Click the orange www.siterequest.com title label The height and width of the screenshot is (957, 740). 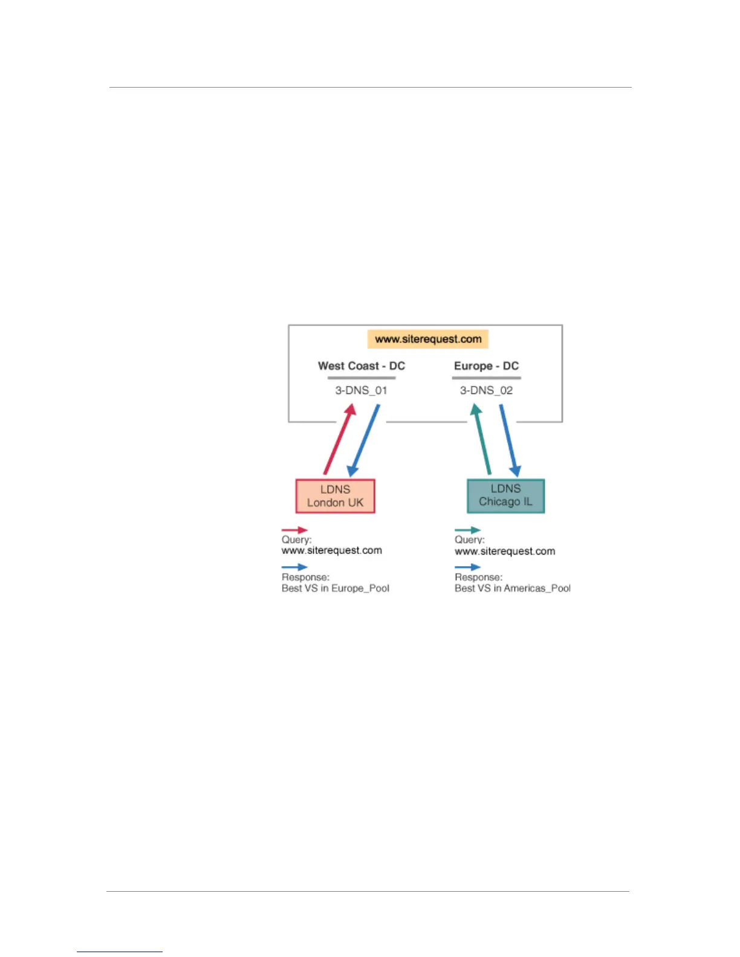click(x=428, y=339)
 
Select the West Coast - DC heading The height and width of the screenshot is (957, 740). click(x=362, y=366)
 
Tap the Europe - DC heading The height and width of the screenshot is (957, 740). click(x=486, y=366)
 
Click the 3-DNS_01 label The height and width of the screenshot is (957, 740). click(x=361, y=390)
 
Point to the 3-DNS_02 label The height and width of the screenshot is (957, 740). click(x=486, y=390)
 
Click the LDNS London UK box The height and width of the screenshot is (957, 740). click(x=335, y=496)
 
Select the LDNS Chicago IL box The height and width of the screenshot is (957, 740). click(x=505, y=495)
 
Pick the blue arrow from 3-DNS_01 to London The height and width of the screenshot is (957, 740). click(x=364, y=440)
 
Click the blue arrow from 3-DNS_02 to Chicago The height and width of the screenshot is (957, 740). click(x=509, y=440)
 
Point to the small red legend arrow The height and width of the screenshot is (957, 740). click(x=294, y=530)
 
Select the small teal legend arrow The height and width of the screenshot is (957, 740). click(x=467, y=530)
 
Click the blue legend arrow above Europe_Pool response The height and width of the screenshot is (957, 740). click(x=294, y=567)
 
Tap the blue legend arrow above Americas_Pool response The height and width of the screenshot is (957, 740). click(x=467, y=567)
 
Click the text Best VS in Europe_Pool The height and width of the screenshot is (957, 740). click(x=336, y=588)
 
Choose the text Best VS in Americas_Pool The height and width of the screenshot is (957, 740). click(x=512, y=588)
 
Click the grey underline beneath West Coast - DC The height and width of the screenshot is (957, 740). click(x=362, y=378)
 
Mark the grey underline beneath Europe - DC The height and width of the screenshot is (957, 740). click(x=486, y=378)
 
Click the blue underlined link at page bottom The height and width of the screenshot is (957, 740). click(x=120, y=952)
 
